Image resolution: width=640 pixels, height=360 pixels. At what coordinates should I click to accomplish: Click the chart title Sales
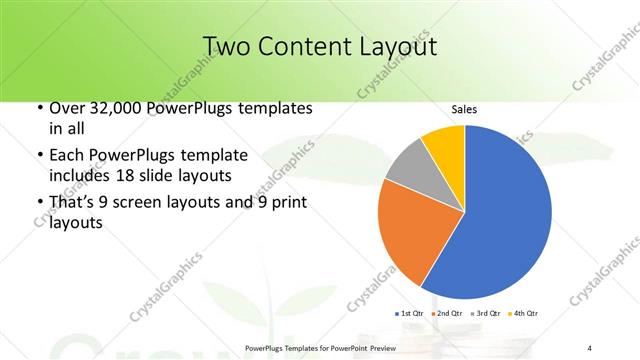click(x=464, y=109)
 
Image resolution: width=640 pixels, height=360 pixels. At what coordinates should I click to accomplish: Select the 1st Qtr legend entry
click(x=411, y=314)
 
